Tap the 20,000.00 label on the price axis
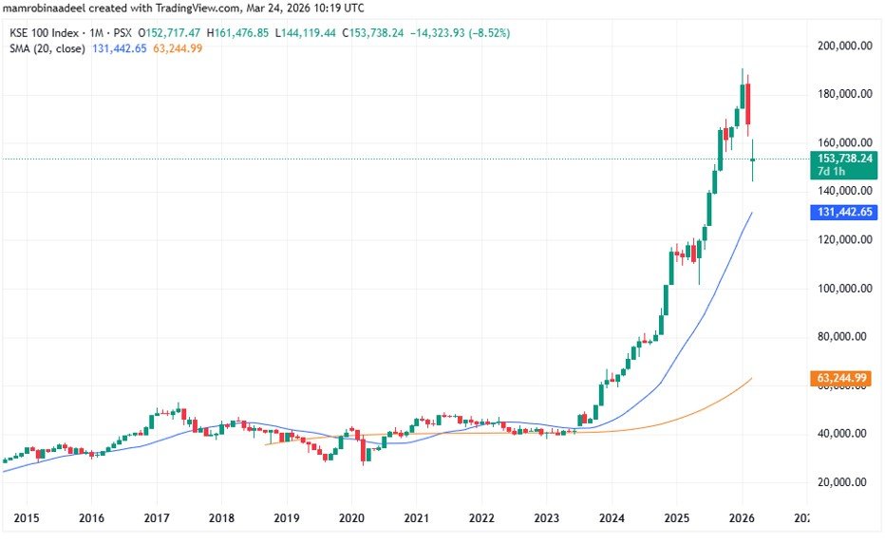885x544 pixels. [844, 482]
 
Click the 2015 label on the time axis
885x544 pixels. [26, 518]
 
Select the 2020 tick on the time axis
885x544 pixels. [351, 518]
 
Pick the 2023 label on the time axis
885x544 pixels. [546, 518]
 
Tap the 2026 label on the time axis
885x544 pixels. [742, 518]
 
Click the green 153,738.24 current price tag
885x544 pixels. [842, 159]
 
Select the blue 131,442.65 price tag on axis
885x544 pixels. [842, 212]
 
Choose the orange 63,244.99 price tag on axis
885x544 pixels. [842, 378]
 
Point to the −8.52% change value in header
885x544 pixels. [487, 32]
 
